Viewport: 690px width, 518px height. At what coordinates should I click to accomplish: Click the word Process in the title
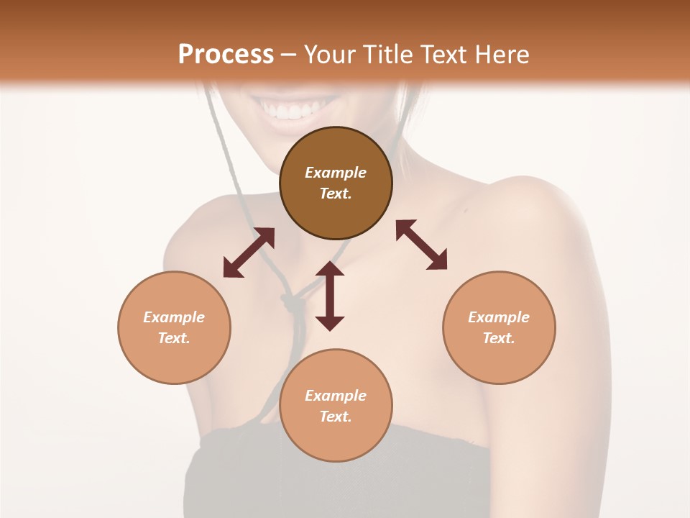pyautogui.click(x=226, y=54)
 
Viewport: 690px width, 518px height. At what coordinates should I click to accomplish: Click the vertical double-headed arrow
pyautogui.click(x=330, y=296)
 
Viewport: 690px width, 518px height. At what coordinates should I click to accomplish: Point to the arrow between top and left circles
pyautogui.click(x=249, y=253)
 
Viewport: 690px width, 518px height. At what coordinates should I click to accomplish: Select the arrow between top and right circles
pyautogui.click(x=422, y=245)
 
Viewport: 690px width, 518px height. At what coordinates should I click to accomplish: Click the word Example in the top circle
pyautogui.click(x=336, y=173)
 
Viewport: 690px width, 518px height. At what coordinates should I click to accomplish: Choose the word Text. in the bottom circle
pyautogui.click(x=336, y=417)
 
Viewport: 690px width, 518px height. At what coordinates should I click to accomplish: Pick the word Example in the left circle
pyautogui.click(x=174, y=317)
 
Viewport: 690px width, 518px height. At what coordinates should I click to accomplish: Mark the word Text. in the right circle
pyautogui.click(x=499, y=338)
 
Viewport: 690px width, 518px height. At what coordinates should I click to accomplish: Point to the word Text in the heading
pyautogui.click(x=441, y=54)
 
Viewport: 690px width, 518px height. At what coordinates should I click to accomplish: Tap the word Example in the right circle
pyautogui.click(x=499, y=317)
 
